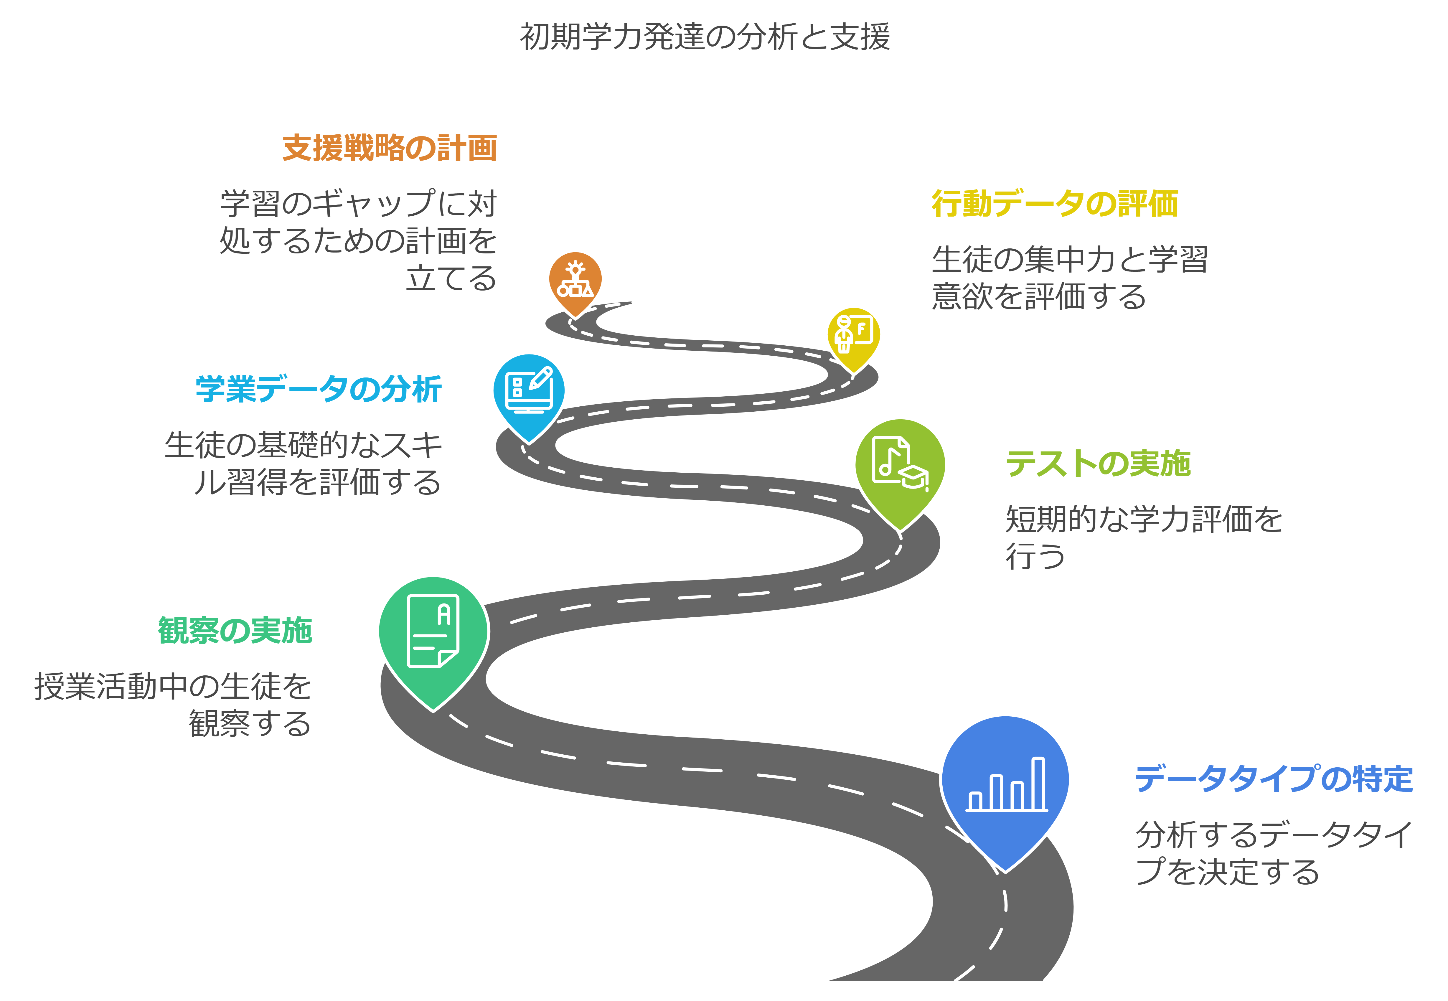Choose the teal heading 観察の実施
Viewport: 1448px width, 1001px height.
click(235, 630)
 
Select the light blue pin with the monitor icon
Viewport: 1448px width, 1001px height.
click(529, 392)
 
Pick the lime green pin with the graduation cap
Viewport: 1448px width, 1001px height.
click(900, 467)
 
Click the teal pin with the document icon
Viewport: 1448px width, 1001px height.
click(433, 634)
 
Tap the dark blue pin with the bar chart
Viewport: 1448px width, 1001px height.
click(1005, 784)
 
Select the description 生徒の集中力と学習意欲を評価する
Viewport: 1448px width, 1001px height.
click(1069, 278)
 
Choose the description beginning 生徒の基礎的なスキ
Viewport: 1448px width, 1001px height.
click(304, 464)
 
